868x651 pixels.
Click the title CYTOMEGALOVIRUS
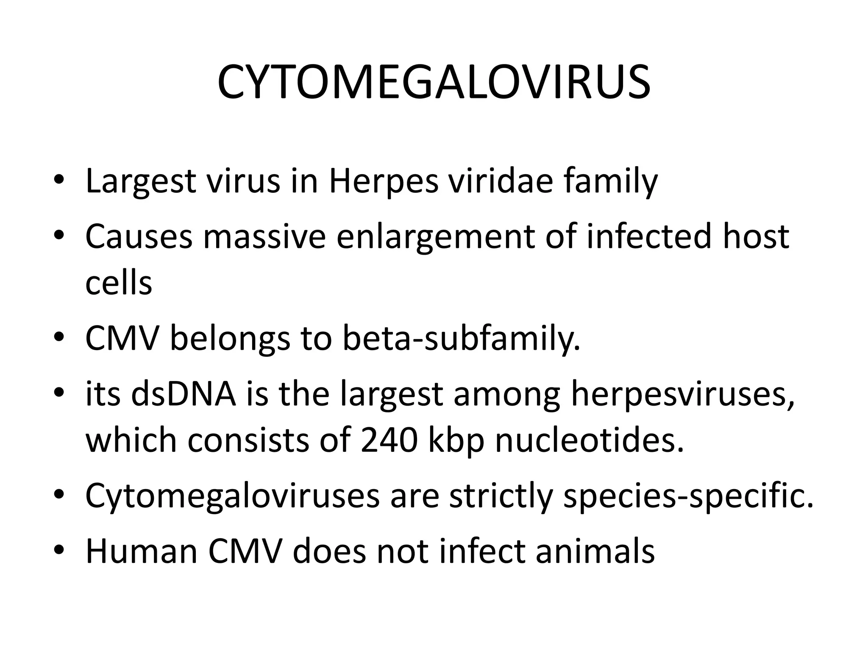tap(434, 83)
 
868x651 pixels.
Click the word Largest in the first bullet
tap(140, 182)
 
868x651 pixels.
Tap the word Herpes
tap(384, 182)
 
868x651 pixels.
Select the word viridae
tap(501, 181)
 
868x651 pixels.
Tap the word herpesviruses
tap(682, 394)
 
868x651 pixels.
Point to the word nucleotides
tap(590, 441)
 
